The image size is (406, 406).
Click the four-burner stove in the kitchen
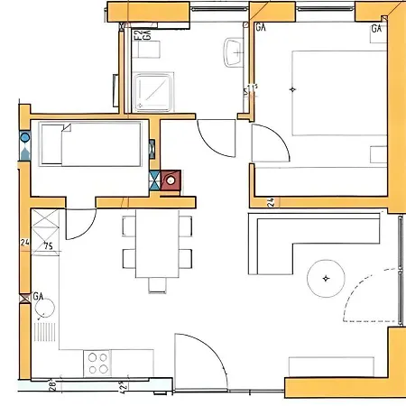[98, 364]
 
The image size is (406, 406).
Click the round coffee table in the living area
[326, 278]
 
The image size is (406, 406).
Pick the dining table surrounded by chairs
[159, 246]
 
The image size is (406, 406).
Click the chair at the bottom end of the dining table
[159, 285]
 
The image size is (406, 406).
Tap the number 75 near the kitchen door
[48, 245]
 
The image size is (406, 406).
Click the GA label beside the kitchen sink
[39, 296]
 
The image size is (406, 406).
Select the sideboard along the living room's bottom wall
[329, 365]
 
